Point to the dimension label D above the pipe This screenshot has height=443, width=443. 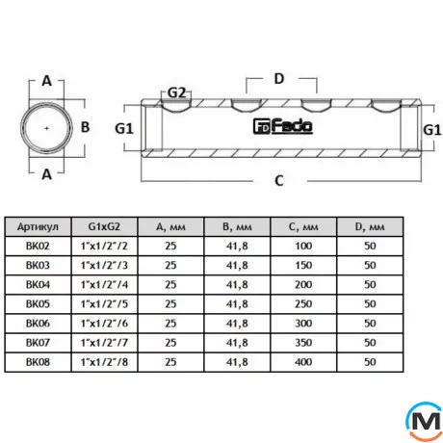[x=280, y=78]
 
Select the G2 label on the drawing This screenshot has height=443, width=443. [x=176, y=92]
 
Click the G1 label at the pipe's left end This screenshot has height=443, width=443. [x=123, y=127]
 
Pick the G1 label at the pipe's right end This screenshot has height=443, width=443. [x=432, y=127]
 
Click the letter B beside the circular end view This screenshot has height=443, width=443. [x=85, y=126]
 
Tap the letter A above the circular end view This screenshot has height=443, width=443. [x=46, y=82]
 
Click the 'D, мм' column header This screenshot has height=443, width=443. [x=371, y=227]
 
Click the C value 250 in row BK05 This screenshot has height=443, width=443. [x=303, y=303]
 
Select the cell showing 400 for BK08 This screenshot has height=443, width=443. [x=303, y=361]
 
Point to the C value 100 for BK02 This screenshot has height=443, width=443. [x=303, y=246]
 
